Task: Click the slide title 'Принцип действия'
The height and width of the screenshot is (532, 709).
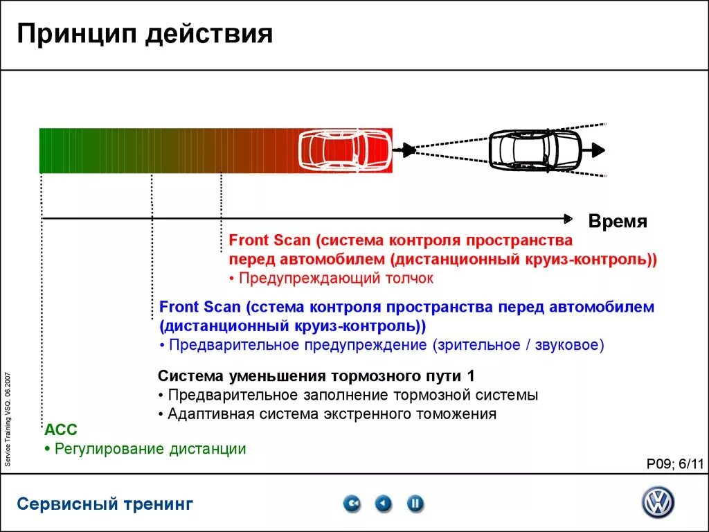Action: pyautogui.click(x=145, y=34)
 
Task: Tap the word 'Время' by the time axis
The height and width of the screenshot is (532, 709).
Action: pyautogui.click(x=618, y=222)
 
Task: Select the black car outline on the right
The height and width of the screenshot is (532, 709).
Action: pyautogui.click(x=534, y=149)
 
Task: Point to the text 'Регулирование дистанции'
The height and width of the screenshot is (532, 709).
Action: pyautogui.click(x=150, y=449)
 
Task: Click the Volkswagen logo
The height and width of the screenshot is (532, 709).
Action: pyautogui.click(x=657, y=502)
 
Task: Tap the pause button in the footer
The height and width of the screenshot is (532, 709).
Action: pyautogui.click(x=415, y=504)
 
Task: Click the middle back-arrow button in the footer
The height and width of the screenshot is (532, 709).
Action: pyautogui.click(x=384, y=504)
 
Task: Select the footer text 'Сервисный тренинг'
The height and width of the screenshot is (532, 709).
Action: pyautogui.click(x=105, y=504)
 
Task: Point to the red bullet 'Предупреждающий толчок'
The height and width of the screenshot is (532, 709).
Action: pyautogui.click(x=335, y=278)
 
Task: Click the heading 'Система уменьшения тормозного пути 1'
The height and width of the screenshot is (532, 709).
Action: pyautogui.click(x=316, y=377)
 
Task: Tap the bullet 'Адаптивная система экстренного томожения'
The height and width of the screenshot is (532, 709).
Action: pyautogui.click(x=332, y=414)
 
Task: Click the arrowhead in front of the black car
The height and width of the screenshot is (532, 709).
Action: pyautogui.click(x=598, y=149)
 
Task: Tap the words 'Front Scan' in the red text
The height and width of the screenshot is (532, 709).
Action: pyautogui.click(x=269, y=241)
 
